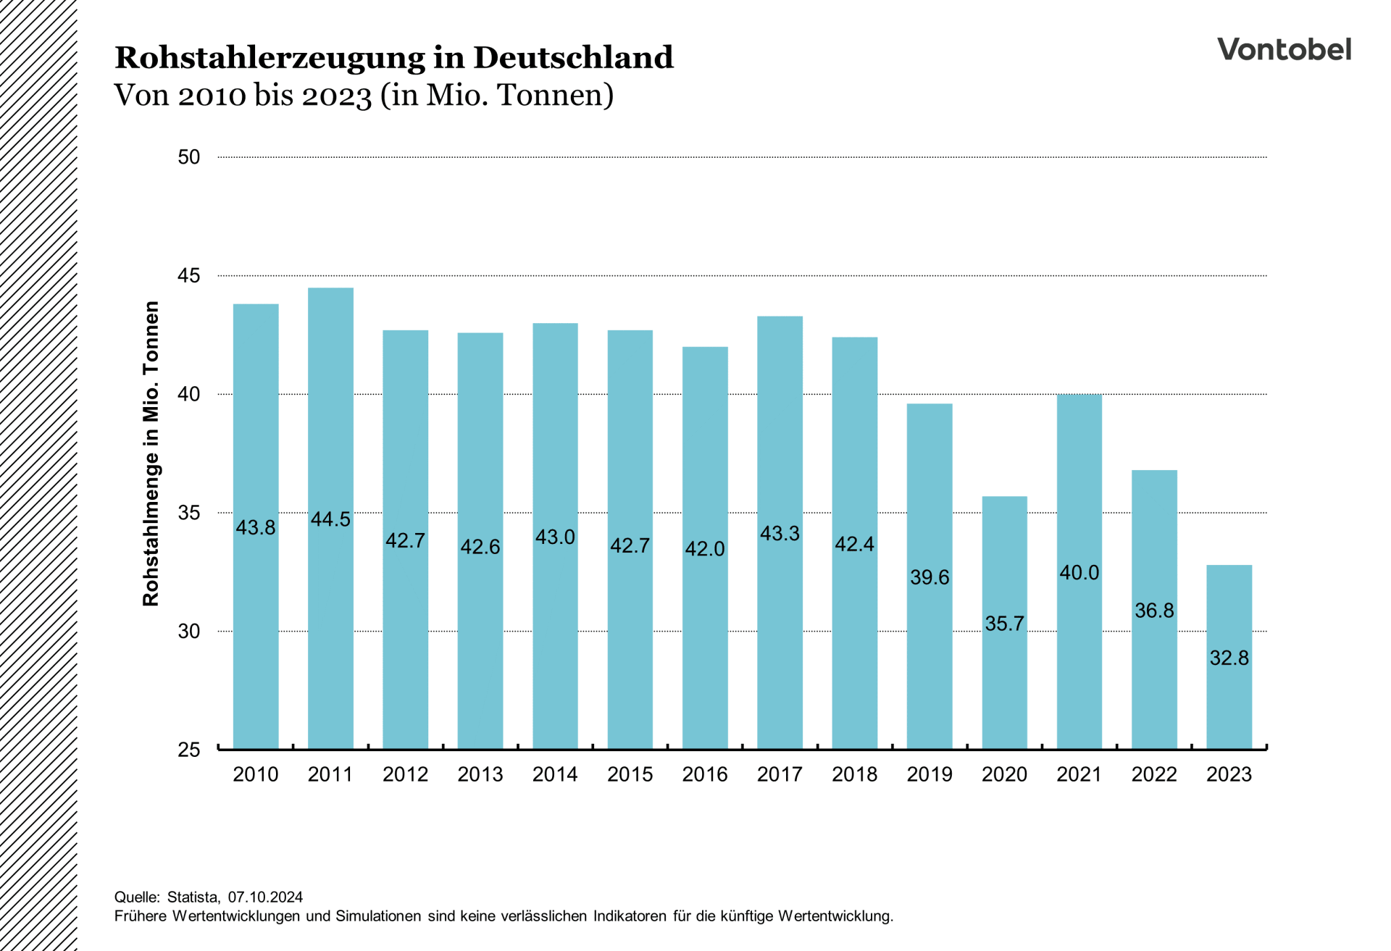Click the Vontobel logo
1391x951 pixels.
click(x=1284, y=49)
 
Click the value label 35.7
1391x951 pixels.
click(x=1004, y=624)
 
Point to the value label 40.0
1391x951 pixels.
click(x=1079, y=573)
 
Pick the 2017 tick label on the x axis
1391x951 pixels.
click(x=780, y=774)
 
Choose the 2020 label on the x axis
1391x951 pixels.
click(x=1004, y=774)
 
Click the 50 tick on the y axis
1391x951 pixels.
click(x=188, y=157)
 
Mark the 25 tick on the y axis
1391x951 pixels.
click(x=188, y=750)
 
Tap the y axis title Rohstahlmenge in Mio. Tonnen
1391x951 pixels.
click(x=151, y=453)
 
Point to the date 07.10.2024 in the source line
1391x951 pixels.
click(x=265, y=897)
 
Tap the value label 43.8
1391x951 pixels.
click(x=256, y=527)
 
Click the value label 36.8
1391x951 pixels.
click(x=1154, y=611)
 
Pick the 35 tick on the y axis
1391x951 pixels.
click(x=188, y=513)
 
